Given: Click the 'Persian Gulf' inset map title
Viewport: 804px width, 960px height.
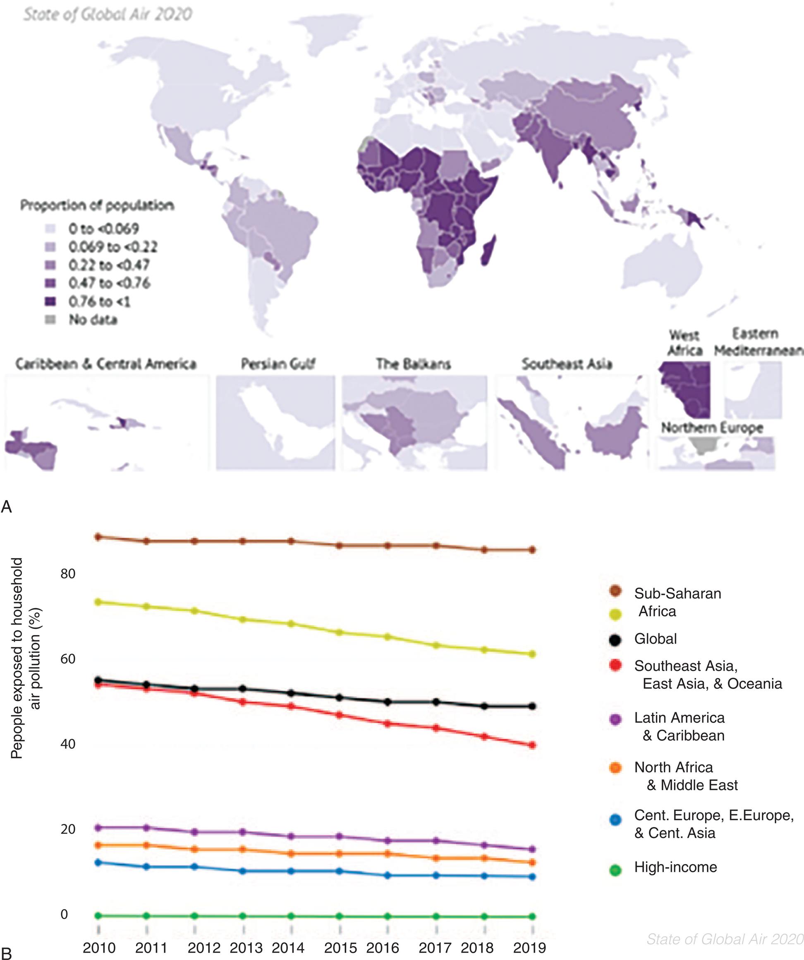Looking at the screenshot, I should tap(278, 364).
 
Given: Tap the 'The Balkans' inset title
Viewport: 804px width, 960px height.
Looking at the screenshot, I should tap(414, 364).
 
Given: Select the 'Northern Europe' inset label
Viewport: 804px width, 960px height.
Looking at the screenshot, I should tap(712, 428).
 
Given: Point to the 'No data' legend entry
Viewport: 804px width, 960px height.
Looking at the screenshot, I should tap(92, 320).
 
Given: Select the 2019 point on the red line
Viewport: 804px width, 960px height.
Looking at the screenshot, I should tap(532, 745).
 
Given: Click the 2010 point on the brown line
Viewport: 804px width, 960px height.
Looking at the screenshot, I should tap(98, 537).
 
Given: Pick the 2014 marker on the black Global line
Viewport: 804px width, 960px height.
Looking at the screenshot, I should tap(291, 693).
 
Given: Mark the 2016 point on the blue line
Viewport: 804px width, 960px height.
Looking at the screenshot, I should tap(388, 875).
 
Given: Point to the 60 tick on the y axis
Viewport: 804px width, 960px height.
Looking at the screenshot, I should tap(68, 659).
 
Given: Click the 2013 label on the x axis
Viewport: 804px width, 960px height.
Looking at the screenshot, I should tap(246, 948).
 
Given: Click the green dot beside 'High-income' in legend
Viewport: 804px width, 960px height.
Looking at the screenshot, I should tap(615, 870).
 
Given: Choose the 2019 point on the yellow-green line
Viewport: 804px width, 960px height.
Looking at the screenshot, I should tap(532, 654).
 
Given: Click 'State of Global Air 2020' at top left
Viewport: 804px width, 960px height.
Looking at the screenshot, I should tap(108, 14).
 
